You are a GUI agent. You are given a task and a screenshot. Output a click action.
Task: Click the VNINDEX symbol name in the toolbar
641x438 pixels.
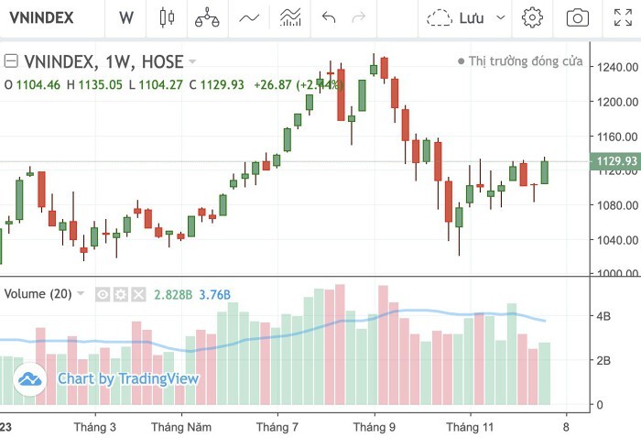click(43, 17)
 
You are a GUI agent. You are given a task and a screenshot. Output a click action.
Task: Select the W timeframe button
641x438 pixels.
click(126, 17)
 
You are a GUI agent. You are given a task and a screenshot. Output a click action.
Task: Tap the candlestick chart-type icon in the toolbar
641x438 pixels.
click(166, 17)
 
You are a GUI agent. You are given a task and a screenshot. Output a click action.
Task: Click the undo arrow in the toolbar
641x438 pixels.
click(330, 17)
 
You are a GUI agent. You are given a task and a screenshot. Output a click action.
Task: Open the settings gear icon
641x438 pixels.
click(532, 17)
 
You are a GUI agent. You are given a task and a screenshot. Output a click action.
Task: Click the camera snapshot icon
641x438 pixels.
click(577, 17)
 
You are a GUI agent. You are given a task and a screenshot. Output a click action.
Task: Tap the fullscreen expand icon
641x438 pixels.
click(622, 17)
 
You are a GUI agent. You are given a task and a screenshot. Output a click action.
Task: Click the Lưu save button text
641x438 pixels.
click(471, 17)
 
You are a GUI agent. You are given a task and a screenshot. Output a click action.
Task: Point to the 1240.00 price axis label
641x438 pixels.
click(614, 68)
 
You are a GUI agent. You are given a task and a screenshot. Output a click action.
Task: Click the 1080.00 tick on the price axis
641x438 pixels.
click(614, 205)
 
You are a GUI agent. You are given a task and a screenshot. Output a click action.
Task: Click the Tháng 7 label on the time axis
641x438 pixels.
click(277, 427)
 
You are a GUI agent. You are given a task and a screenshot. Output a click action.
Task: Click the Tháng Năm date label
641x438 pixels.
click(181, 427)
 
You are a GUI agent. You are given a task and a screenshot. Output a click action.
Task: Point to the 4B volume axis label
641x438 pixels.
click(604, 316)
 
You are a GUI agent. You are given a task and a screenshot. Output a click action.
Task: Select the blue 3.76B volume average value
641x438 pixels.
click(214, 294)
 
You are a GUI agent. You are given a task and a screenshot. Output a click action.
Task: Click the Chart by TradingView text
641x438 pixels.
click(128, 378)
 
